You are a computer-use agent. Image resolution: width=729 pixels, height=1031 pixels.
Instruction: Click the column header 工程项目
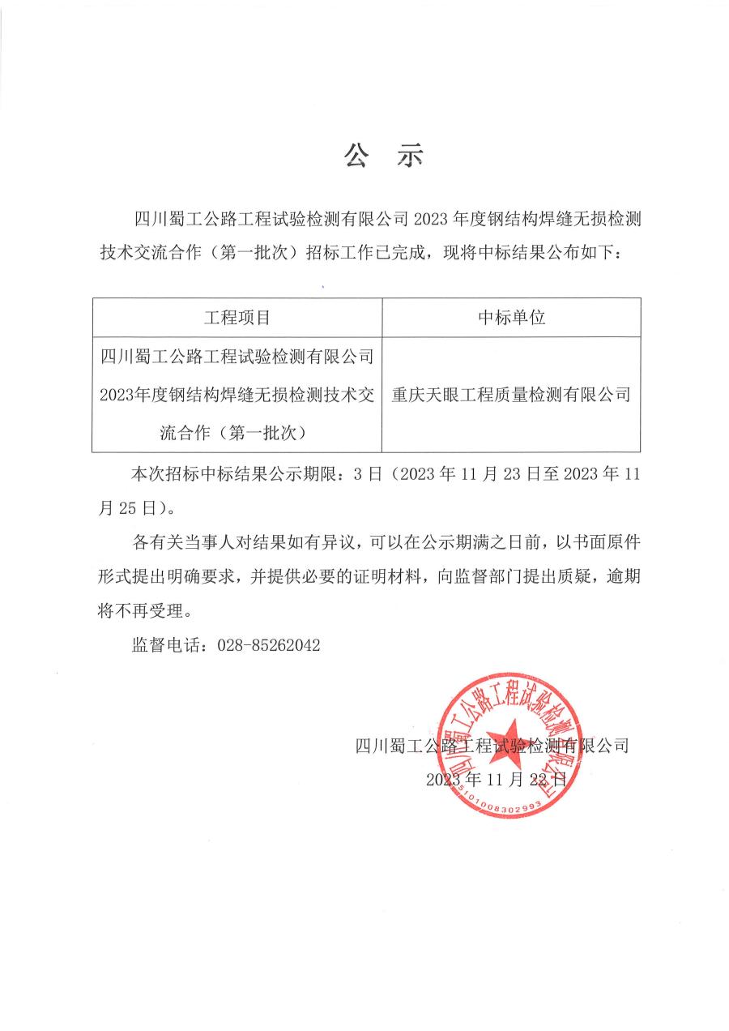coord(237,317)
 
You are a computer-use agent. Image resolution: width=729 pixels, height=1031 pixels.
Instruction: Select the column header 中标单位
coord(511,317)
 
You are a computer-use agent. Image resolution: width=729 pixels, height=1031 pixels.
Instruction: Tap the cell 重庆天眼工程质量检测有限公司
coord(511,395)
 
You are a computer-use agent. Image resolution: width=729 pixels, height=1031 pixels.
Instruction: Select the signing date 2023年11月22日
coord(496,780)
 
